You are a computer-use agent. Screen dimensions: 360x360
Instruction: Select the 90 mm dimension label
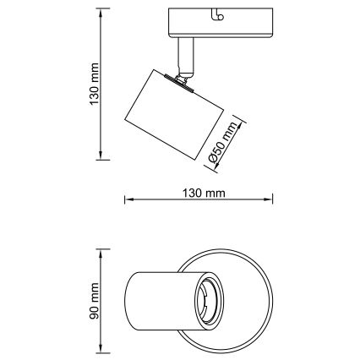(x=95, y=301)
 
